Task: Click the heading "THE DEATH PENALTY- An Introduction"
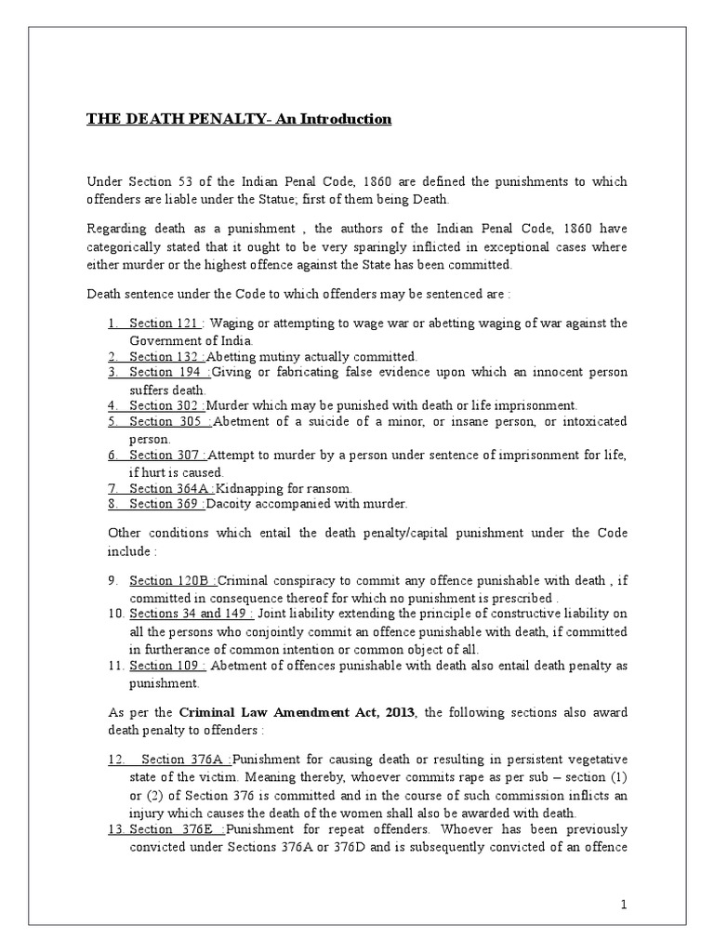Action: pos(226,119)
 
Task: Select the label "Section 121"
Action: pos(165,323)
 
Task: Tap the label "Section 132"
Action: pos(165,356)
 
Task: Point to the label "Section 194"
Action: pos(165,373)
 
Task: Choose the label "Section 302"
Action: pos(165,405)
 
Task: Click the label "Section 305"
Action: pos(165,422)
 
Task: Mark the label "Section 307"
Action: pos(165,455)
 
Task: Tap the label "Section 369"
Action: pos(165,504)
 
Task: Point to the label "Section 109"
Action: pos(165,666)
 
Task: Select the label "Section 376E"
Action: pos(173,828)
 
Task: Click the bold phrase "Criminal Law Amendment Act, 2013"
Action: pos(298,711)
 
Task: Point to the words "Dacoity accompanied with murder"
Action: pos(307,504)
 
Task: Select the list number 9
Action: pos(112,581)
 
